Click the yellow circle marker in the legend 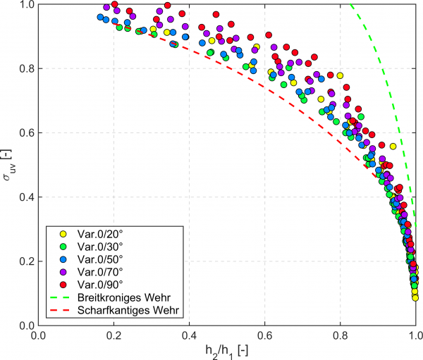click(x=62, y=233)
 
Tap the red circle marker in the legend click(x=62, y=284)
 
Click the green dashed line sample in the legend click(x=62, y=297)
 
